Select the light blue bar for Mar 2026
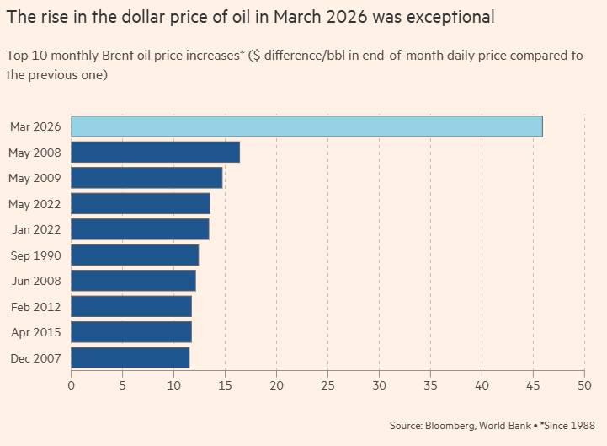pos(306,126)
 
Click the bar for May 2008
pos(155,152)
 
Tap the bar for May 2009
pos(146,178)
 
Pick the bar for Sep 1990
pos(135,255)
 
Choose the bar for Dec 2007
pos(130,357)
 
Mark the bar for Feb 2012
pos(131,306)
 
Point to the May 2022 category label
pos(35,204)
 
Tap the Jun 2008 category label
pos(36,281)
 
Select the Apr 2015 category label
pos(36,332)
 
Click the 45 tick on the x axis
pos(533,385)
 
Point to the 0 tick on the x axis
pos(71,385)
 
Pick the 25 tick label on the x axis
pos(327,385)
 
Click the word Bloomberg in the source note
pos(447,425)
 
